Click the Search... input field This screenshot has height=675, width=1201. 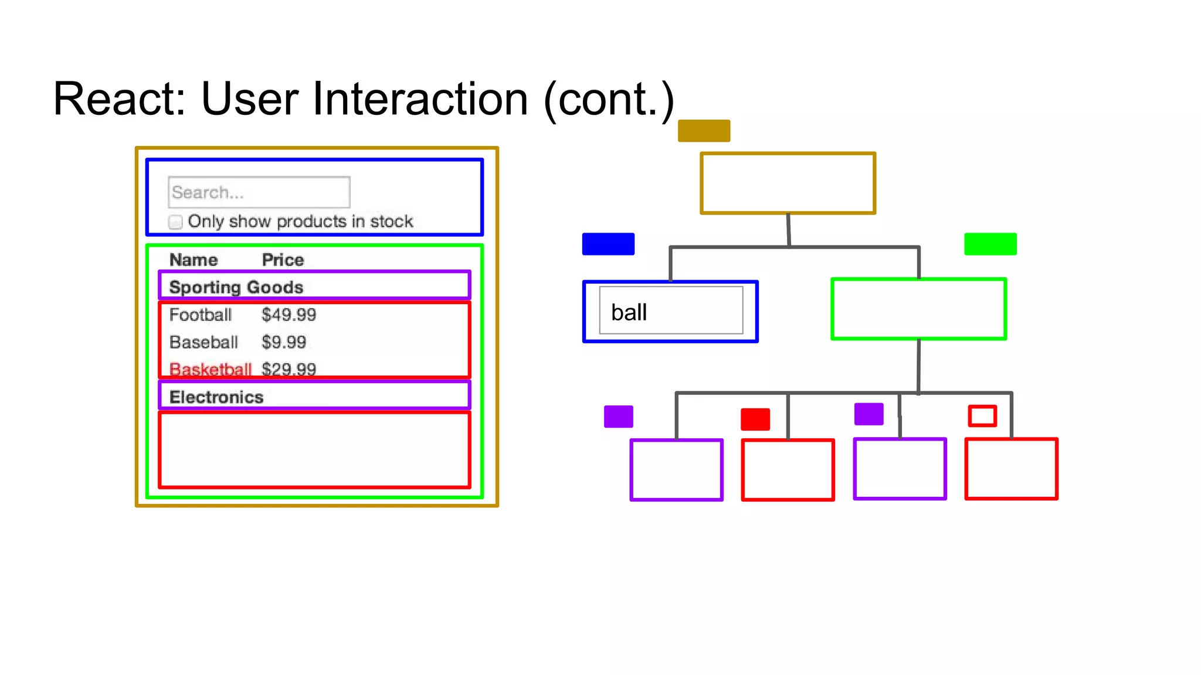point(259,192)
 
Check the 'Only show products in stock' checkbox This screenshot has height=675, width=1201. point(175,222)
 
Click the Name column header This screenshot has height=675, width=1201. point(194,260)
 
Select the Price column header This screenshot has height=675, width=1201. point(283,260)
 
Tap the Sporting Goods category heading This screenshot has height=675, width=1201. point(236,287)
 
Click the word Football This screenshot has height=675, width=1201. point(201,315)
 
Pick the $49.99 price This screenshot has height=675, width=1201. point(289,315)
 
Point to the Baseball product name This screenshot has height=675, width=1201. point(203,342)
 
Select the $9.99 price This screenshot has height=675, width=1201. point(284,342)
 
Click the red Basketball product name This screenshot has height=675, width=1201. point(210,369)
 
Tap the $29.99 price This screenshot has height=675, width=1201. point(289,369)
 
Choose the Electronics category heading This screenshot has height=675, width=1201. point(216,397)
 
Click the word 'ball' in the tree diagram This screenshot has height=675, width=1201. point(629,312)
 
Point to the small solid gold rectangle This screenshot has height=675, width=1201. point(704,131)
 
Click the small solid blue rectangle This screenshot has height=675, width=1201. point(608,244)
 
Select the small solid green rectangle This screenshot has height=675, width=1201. point(990,244)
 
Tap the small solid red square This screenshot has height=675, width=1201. point(755,419)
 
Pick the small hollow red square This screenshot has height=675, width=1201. point(982,416)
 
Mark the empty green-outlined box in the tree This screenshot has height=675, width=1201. point(918,309)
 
